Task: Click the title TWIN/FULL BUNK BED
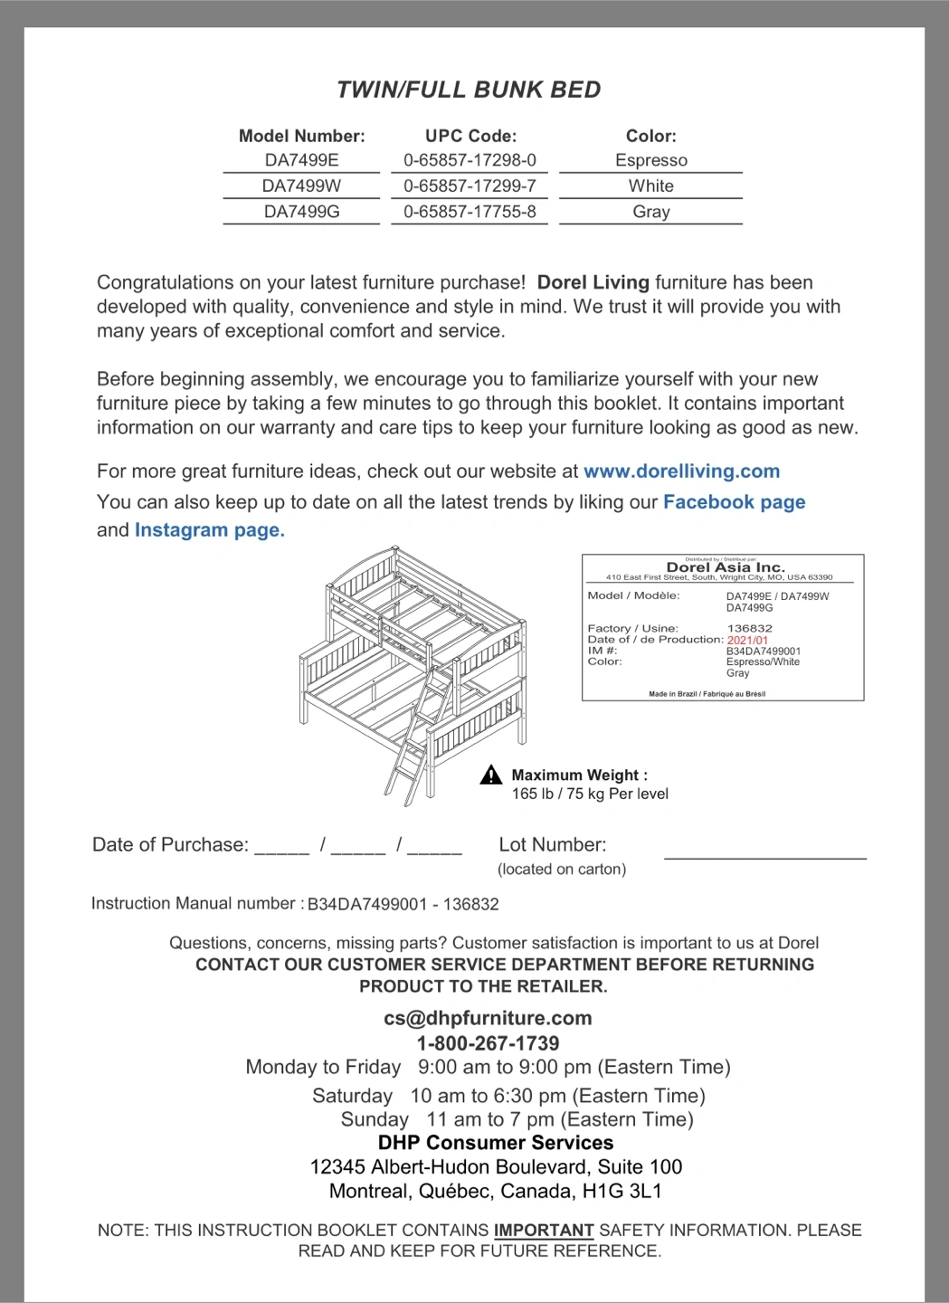tap(469, 90)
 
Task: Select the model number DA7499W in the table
tap(301, 185)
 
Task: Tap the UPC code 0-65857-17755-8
tap(470, 212)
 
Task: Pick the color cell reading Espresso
tap(650, 160)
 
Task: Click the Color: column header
tap(650, 136)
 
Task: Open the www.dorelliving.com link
tap(681, 471)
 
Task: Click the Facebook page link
tap(734, 502)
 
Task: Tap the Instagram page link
tap(209, 530)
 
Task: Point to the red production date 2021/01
tap(747, 640)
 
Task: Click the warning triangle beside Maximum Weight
tap(491, 775)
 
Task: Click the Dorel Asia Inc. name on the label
tap(726, 567)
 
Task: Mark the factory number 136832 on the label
tap(749, 628)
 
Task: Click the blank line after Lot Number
tap(764, 854)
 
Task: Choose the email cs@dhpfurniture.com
tap(488, 1018)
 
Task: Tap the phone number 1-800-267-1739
tap(488, 1042)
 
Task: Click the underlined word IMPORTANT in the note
tap(543, 1231)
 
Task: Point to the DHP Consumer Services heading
tap(495, 1143)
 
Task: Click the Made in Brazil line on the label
tap(707, 694)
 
